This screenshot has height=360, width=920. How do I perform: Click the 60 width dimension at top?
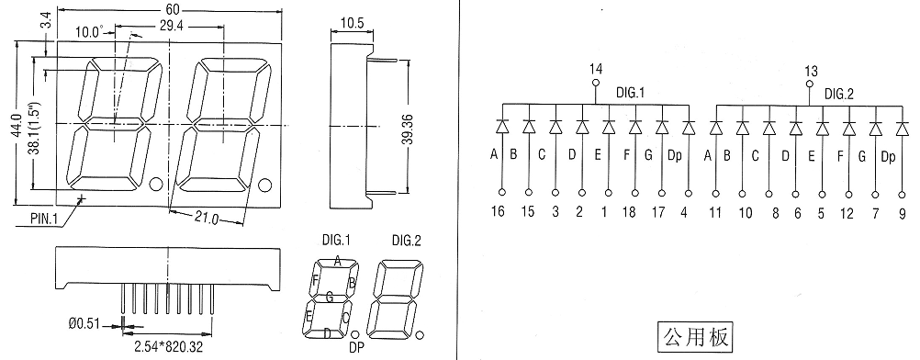click(172, 9)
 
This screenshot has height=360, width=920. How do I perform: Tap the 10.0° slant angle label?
click(89, 31)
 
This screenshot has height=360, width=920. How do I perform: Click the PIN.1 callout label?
click(45, 219)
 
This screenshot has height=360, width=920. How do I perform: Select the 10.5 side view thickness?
click(353, 23)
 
